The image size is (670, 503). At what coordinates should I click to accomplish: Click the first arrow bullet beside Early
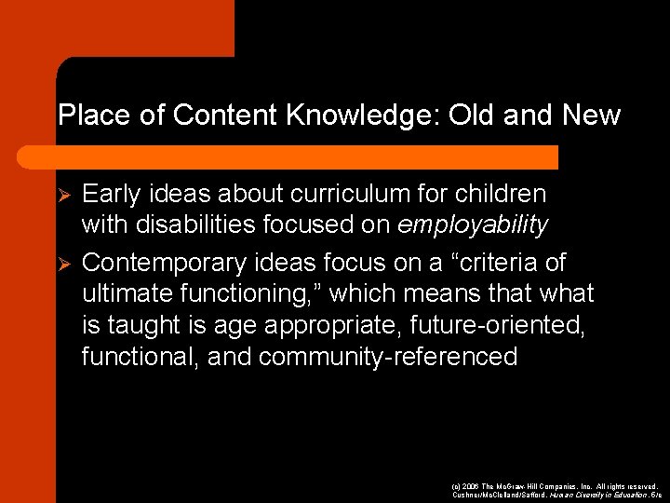[x=64, y=195]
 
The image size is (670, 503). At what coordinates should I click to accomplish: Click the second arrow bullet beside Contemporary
[x=64, y=262]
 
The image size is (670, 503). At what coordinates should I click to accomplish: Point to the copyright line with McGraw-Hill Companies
[x=553, y=487]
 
